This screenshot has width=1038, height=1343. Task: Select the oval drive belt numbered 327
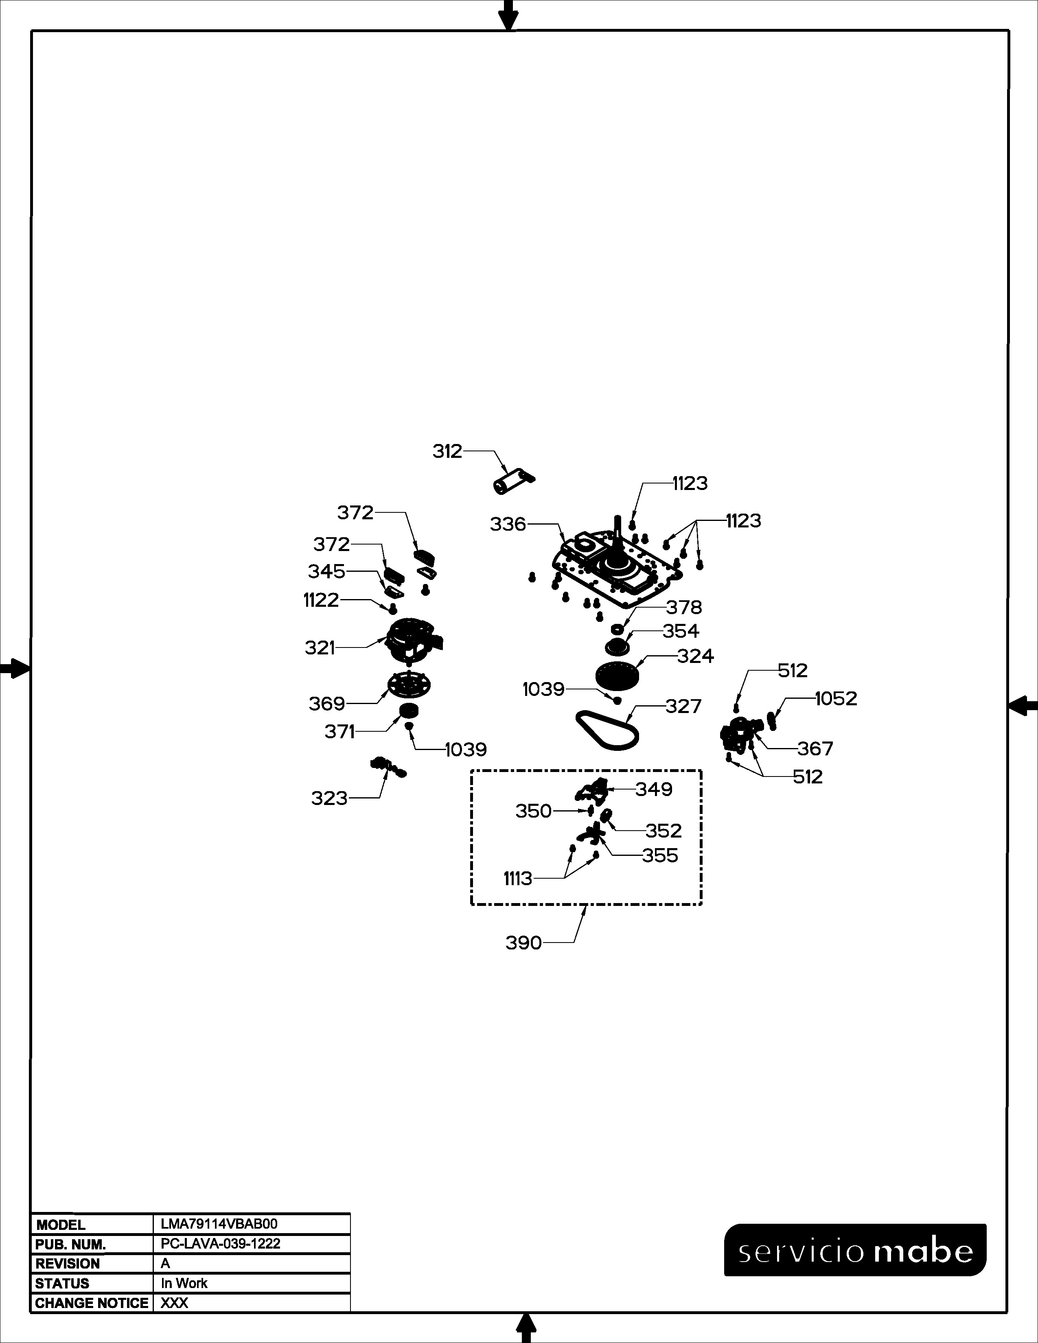pyautogui.click(x=607, y=731)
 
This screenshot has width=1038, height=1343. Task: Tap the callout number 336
pyautogui.click(x=508, y=525)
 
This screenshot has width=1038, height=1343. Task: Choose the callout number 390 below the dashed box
pyautogui.click(x=523, y=943)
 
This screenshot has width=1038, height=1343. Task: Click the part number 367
pyautogui.click(x=815, y=748)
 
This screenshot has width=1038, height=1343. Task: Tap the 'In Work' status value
pyautogui.click(x=184, y=1283)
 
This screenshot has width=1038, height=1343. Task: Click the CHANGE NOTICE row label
pyautogui.click(x=92, y=1303)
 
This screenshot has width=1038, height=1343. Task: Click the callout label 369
pyautogui.click(x=326, y=704)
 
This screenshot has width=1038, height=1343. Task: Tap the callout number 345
pyautogui.click(x=326, y=571)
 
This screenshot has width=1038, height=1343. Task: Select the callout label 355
pyautogui.click(x=660, y=855)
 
